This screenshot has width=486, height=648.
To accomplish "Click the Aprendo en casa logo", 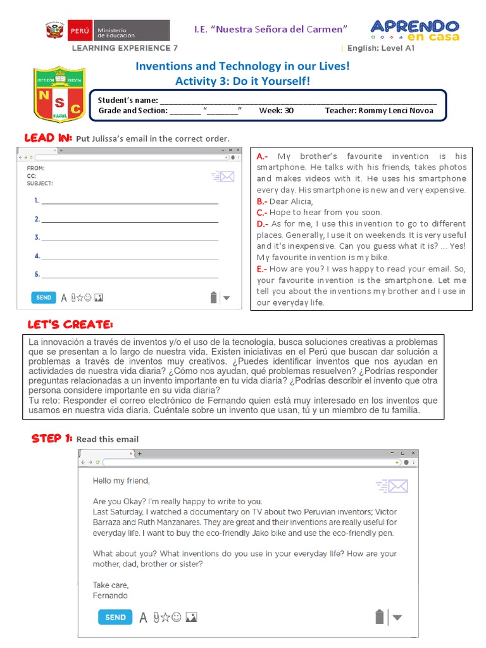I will point(414,30).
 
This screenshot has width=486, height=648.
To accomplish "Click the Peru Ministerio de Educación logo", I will point(107,30).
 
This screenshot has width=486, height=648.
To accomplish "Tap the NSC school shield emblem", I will point(59,95).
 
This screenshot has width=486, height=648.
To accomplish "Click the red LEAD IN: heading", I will point(48,138).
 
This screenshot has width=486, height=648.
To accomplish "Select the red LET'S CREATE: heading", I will point(70,325).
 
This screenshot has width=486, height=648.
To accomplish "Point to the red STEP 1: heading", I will point(53,439).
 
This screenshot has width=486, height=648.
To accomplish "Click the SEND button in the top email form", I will point(44,297).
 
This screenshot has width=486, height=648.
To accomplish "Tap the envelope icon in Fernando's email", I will point(392,486).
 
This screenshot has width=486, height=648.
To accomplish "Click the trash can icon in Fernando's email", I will point(379,616).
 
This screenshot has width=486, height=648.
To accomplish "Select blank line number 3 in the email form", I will point(130,238).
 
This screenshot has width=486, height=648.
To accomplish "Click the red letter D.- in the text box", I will point(263,223).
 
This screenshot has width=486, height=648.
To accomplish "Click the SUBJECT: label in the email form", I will point(40,184).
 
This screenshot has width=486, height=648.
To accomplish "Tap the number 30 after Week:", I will point(289,110).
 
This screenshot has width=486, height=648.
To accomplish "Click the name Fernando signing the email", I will point(110,595).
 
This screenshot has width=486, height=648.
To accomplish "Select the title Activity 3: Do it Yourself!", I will point(242,81).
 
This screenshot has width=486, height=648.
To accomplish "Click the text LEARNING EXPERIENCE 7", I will point(125,47).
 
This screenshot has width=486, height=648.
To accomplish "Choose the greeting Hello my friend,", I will point(121,481).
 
